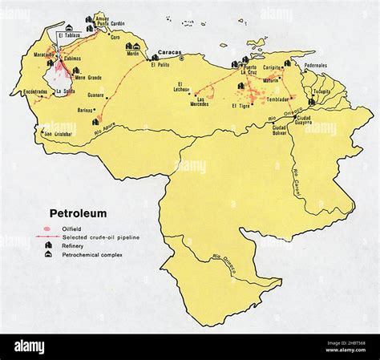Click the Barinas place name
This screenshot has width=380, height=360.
(x=86, y=110)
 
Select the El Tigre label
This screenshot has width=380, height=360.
(x=241, y=106)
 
